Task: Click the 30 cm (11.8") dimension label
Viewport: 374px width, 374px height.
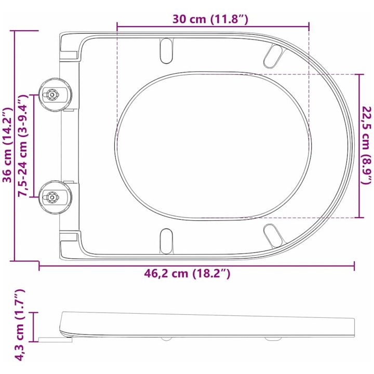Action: click(x=210, y=19)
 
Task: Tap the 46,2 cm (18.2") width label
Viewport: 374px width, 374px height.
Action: click(x=187, y=273)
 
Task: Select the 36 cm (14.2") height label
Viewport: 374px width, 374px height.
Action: click(x=7, y=145)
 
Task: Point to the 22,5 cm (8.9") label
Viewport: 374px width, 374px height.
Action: click(x=367, y=145)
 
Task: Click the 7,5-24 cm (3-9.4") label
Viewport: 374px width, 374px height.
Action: click(x=23, y=145)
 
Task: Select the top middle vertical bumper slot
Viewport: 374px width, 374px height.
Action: click(x=166, y=50)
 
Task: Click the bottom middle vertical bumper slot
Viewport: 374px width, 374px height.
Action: click(x=166, y=241)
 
